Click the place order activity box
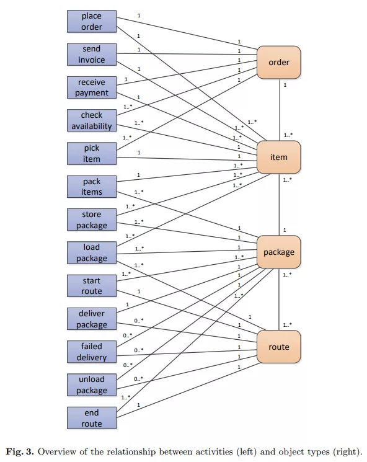tap(92, 21)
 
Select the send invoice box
tap(92, 54)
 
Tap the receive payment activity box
tap(92, 87)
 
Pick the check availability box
tap(92, 120)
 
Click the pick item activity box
tap(92, 153)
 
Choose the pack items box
tap(92, 187)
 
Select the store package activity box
tap(92, 220)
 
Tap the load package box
tap(92, 252)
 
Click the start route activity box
tap(92, 285)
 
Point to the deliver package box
tap(92, 319)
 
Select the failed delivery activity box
tap(92, 352)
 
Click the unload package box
tap(92, 384)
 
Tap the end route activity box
tap(92, 418)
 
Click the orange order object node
tap(278, 62)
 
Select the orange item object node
tap(278, 157)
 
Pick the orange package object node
tap(278, 252)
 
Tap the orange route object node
tap(278, 347)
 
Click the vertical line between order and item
tap(280, 110)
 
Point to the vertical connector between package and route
tap(279, 300)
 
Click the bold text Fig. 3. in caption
tap(20, 451)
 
